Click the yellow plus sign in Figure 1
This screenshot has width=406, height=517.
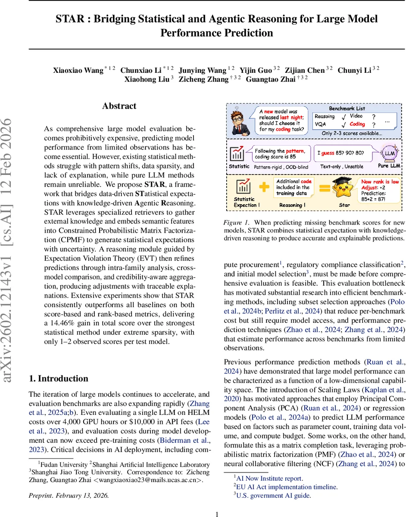click(x=265, y=187)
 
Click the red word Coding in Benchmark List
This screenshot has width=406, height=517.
click(x=357, y=124)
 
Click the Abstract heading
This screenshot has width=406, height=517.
click(x=119, y=106)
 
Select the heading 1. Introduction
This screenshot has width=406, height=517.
click(x=58, y=379)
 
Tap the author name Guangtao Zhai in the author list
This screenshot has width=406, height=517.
click(x=271, y=80)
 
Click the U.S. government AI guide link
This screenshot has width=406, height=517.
click(x=274, y=495)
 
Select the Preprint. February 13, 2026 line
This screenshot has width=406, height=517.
click(x=69, y=495)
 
